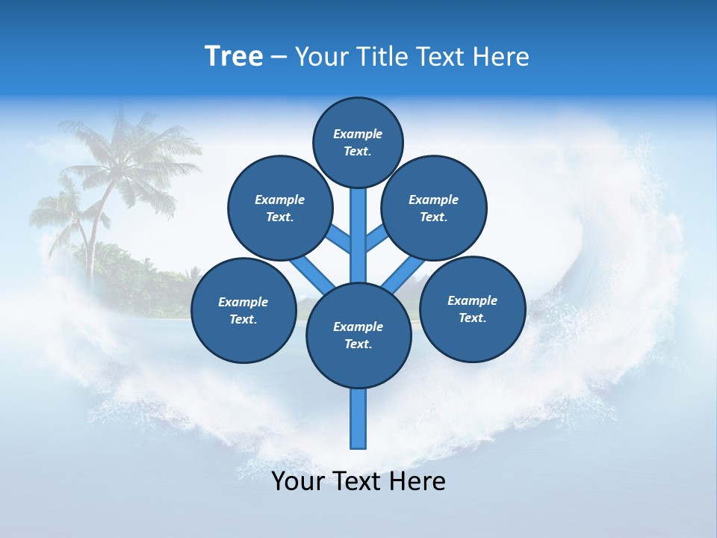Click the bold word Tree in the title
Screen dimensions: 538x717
point(234,57)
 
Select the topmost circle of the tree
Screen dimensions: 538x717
point(358,142)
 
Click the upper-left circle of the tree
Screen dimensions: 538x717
point(279,208)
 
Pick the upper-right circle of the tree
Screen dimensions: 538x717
point(433,208)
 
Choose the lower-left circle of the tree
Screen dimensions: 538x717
point(243,310)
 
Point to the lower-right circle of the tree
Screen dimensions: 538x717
point(472,309)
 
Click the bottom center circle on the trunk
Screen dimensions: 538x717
point(358,335)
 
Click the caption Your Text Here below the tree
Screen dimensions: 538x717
point(358,481)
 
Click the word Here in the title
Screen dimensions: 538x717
point(504,57)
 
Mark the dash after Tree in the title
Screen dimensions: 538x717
point(279,57)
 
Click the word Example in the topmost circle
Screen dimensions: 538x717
point(358,134)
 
